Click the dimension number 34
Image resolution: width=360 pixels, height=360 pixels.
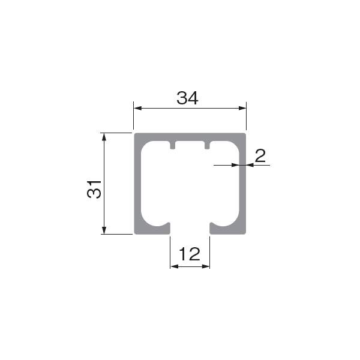point(187,98)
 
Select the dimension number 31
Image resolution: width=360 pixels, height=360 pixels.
point(94,190)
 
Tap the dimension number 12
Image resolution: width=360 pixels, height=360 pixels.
point(190,254)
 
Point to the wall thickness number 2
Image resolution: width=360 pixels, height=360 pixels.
point(260,155)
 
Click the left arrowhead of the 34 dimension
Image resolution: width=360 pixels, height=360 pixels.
point(137,108)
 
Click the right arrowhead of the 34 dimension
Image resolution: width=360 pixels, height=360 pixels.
point(242,108)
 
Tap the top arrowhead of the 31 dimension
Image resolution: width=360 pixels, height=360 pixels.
point(104,137)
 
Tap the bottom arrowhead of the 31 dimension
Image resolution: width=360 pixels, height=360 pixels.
point(104,230)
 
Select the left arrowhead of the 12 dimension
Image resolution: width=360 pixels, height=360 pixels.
point(174,266)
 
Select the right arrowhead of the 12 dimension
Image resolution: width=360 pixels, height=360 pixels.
point(206,266)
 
